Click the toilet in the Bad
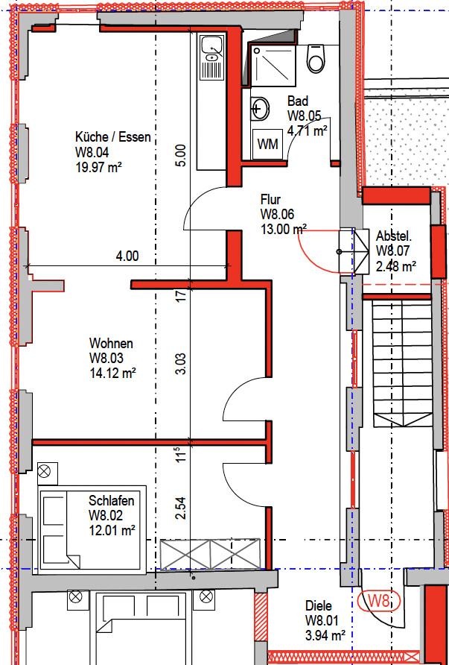pyautogui.click(x=316, y=59)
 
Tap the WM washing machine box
pyautogui.click(x=268, y=144)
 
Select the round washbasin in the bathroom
pyautogui.click(x=260, y=109)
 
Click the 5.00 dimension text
pyautogui.click(x=180, y=155)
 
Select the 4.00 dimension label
pyautogui.click(x=127, y=256)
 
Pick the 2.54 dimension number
pyautogui.click(x=181, y=508)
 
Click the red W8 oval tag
pyautogui.click(x=379, y=601)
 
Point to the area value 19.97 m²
pyautogui.click(x=99, y=168)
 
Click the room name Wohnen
pyautogui.click(x=111, y=343)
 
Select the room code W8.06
pyautogui.click(x=278, y=214)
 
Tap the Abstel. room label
pyautogui.click(x=394, y=236)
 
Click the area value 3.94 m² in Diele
pyautogui.click(x=325, y=636)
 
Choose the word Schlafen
pyautogui.click(x=112, y=500)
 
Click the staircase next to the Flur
pyautogui.click(x=402, y=364)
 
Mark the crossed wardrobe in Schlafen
pyautogui.click(x=210, y=554)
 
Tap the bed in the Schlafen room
pyautogui.click(x=92, y=530)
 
